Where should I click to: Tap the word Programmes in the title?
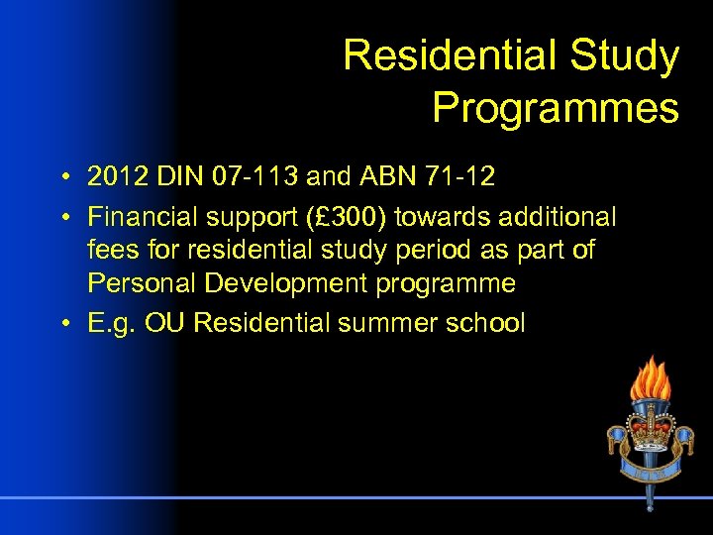[x=556, y=107]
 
